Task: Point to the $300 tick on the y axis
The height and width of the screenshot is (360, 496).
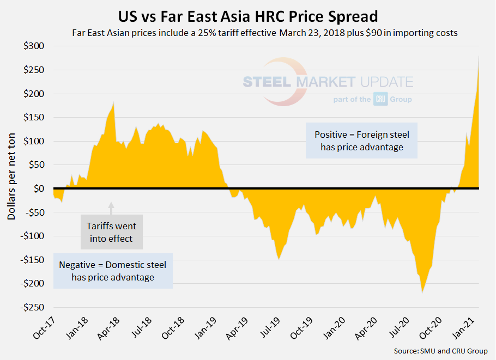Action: [34, 46]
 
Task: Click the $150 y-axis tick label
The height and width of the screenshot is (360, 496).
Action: [34, 118]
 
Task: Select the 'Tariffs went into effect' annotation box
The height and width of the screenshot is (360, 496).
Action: [111, 231]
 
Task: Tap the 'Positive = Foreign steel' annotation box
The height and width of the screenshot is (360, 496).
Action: [361, 141]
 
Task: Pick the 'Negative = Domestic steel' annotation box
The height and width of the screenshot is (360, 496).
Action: [113, 271]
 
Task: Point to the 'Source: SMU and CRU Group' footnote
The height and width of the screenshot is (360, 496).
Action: [440, 351]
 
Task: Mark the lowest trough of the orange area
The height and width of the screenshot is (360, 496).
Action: [422, 292]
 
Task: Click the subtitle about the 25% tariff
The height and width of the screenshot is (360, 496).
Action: [264, 32]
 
